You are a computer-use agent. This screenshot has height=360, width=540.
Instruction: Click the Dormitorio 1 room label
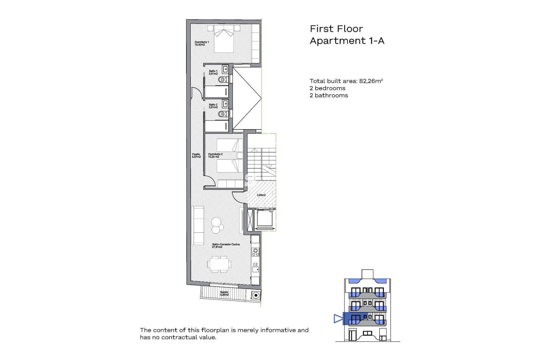click(202, 43)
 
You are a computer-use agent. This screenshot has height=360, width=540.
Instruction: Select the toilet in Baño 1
click(223, 80)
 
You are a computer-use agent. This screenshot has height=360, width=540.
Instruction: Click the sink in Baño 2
click(225, 104)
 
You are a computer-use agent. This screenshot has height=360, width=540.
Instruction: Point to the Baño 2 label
click(213, 106)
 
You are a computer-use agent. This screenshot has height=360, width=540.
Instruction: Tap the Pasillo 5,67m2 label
click(196, 156)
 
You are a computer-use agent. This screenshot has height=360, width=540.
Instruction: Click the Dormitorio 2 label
click(215, 156)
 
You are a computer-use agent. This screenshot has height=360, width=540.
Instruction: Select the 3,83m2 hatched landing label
click(261, 195)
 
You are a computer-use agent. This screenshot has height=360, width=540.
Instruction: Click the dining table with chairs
click(219, 264)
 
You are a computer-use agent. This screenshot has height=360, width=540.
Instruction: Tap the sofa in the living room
click(198, 225)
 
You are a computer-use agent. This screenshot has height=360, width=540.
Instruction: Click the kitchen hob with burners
click(255, 252)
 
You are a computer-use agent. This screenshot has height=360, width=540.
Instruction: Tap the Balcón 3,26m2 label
click(224, 293)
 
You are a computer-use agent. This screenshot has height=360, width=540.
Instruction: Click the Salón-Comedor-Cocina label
click(226, 246)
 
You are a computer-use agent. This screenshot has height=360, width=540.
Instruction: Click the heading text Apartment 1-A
click(347, 41)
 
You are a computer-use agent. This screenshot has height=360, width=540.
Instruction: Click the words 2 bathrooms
click(328, 95)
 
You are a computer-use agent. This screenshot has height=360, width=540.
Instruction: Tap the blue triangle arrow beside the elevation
click(338, 319)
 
